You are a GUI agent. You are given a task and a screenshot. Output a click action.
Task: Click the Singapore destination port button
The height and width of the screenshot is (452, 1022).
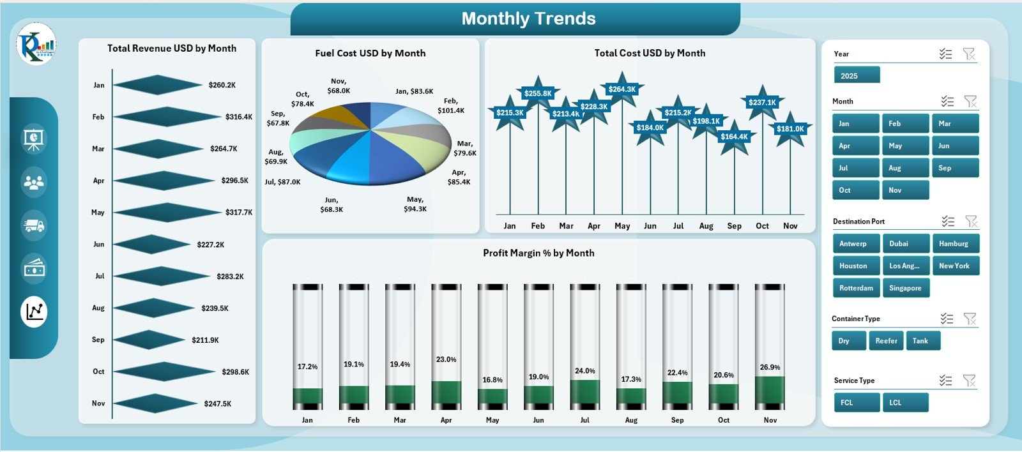pyautogui.click(x=905, y=288)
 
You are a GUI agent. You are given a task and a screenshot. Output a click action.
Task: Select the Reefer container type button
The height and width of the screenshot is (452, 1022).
pyautogui.click(x=886, y=341)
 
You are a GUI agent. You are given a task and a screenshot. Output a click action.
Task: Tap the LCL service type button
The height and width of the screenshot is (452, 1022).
pyautogui.click(x=905, y=403)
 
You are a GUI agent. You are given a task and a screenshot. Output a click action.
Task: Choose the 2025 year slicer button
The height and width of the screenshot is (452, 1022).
pyautogui.click(x=857, y=75)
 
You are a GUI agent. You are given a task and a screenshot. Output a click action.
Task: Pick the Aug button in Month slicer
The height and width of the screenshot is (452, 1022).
pyautogui.click(x=905, y=168)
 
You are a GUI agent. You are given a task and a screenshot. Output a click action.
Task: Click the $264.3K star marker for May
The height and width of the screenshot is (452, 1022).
pyautogui.click(x=622, y=89)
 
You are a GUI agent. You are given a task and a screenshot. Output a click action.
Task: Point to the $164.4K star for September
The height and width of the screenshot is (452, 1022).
pyautogui.click(x=734, y=137)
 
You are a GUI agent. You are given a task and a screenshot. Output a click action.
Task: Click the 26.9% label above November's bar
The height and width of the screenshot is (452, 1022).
pyautogui.click(x=770, y=367)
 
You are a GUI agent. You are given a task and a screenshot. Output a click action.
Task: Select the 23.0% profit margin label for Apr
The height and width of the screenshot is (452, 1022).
pyautogui.click(x=446, y=359)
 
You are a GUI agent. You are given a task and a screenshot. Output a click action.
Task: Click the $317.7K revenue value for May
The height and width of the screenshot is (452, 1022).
pyautogui.click(x=239, y=213)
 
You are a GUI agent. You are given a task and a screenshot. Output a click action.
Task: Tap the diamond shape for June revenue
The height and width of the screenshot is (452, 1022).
pyautogui.click(x=152, y=245)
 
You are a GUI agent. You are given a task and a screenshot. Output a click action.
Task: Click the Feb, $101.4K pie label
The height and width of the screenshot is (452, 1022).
pyautogui.click(x=451, y=105)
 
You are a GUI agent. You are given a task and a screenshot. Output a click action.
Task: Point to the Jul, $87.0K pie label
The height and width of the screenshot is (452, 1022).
pyautogui.click(x=282, y=182)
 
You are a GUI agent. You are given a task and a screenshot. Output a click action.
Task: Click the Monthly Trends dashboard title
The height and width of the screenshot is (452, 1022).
pyautogui.click(x=528, y=19)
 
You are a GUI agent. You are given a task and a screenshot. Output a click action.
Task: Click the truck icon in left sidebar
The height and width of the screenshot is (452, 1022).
pyautogui.click(x=34, y=225)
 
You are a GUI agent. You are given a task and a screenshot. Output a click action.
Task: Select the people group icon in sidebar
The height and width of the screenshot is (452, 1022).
pyautogui.click(x=34, y=183)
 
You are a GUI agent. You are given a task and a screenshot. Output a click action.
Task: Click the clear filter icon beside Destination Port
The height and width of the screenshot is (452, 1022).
pyautogui.click(x=971, y=222)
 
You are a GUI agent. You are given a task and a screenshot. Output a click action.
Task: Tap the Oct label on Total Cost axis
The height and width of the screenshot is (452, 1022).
pyautogui.click(x=762, y=226)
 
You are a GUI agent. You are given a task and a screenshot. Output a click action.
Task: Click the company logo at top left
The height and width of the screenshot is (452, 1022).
pyautogui.click(x=36, y=44)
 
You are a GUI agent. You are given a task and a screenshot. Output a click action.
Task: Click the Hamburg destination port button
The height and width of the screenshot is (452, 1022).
pyautogui.click(x=954, y=244)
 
